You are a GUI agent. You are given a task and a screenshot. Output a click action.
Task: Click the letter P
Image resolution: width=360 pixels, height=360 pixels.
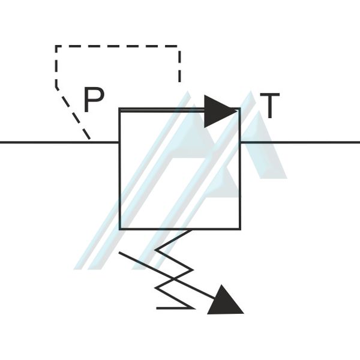click(94, 100)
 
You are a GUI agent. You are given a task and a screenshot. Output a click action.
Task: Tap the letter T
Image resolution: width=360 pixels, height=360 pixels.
click(270, 106)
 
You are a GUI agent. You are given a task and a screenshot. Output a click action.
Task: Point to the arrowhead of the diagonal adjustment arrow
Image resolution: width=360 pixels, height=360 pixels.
click(226, 300)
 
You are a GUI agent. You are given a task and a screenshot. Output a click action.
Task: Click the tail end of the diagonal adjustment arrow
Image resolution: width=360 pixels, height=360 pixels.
click(119, 253)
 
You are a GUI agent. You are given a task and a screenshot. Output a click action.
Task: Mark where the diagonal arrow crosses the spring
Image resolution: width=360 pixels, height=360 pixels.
click(175, 279)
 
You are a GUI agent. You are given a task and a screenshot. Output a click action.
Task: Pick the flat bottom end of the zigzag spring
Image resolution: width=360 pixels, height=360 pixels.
click(157, 308)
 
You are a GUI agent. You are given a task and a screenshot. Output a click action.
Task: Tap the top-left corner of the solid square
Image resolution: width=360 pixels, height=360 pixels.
click(119, 108)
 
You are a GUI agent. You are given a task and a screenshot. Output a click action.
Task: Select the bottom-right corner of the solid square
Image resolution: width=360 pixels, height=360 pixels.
click(240, 229)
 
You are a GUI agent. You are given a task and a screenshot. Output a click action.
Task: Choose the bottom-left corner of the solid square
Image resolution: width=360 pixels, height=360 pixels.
click(119, 229)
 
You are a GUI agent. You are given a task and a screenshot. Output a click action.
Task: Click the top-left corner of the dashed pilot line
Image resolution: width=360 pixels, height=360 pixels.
click(56, 46)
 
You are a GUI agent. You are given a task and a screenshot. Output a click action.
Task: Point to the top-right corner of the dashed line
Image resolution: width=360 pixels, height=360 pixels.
click(179, 46)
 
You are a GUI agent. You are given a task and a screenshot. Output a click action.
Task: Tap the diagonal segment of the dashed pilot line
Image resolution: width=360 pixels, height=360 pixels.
click(73, 113)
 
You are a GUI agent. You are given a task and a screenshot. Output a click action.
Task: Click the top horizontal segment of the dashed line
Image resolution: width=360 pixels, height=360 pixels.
click(118, 46)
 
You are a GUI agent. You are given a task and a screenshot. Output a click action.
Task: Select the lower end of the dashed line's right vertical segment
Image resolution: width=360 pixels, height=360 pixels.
click(179, 82)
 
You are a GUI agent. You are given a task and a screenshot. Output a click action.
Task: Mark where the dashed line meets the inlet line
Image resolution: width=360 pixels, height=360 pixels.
click(90, 142)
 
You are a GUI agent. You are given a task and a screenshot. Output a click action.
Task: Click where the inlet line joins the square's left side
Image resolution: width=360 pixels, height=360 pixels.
click(119, 142)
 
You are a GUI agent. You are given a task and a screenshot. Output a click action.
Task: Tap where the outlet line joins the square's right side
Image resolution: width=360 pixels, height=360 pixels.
click(240, 142)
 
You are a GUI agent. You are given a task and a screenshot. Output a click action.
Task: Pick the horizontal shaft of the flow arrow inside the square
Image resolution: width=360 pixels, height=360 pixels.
click(163, 111)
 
